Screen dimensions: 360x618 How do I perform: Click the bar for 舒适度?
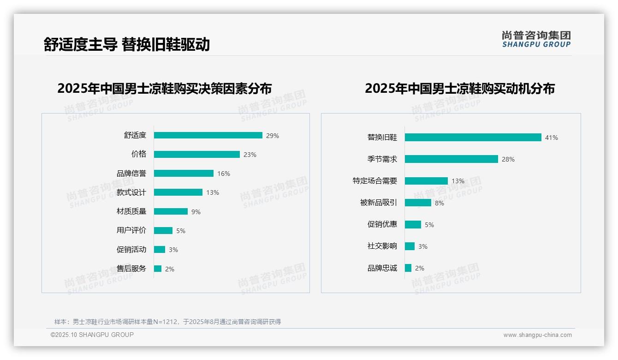(208, 135)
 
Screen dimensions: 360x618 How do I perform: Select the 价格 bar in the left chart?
(197, 155)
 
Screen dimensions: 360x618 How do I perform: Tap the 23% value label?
(250, 155)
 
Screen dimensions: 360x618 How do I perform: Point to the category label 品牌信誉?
(131, 174)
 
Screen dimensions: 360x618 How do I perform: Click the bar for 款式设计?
(178, 192)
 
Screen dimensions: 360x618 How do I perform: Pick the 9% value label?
(196, 212)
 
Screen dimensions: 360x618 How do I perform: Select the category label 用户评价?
(131, 230)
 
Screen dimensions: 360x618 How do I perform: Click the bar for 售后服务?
(158, 269)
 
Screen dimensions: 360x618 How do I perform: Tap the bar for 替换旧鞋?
(473, 138)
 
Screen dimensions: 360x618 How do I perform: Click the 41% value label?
(552, 138)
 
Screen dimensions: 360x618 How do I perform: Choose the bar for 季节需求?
(451, 159)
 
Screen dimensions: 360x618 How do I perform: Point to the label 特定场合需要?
(375, 181)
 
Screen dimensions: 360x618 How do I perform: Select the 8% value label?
(440, 203)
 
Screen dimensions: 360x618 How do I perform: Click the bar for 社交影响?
(410, 246)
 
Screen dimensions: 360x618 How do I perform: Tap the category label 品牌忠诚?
(382, 268)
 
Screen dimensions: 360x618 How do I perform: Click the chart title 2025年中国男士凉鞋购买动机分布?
(460, 88)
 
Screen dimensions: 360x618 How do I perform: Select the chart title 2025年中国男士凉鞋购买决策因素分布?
(165, 88)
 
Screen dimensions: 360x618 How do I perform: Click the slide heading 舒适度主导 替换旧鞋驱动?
(127, 44)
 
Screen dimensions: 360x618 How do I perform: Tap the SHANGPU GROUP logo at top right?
(536, 39)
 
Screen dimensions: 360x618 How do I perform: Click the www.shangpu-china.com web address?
(537, 335)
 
